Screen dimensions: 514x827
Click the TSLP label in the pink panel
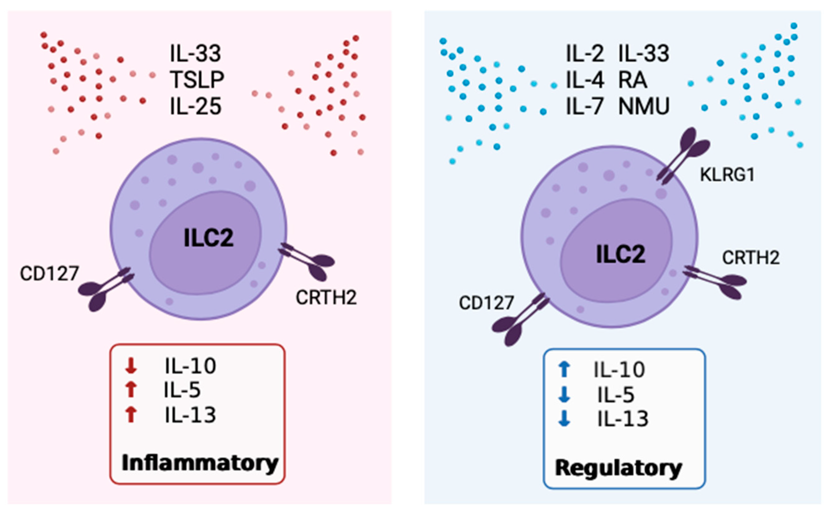197,79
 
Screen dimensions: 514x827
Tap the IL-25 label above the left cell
195,106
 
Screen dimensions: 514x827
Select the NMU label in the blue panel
644,106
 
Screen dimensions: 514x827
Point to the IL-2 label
584,53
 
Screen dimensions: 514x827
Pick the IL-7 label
584,106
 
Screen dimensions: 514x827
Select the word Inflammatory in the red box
200,463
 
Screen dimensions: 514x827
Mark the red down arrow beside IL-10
131,366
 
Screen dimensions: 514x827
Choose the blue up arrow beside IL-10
564,369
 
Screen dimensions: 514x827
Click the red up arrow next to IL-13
131,415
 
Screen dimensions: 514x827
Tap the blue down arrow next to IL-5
564,395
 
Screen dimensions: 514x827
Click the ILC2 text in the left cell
208,238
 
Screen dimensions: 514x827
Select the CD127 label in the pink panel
49,273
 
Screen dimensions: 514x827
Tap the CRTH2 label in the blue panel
751,258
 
